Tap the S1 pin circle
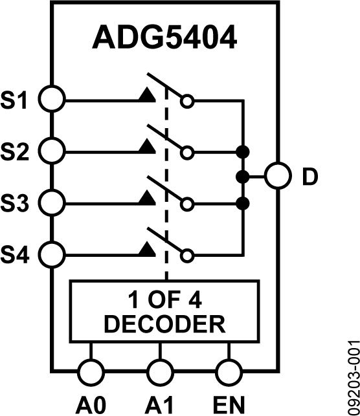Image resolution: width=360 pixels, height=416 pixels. (52, 100)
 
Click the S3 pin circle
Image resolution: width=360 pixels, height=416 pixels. (52, 203)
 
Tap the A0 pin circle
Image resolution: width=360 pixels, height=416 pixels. (91, 372)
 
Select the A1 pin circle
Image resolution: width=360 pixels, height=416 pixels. (161, 372)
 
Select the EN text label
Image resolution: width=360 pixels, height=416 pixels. (230, 404)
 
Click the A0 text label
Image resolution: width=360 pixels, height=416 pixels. (90, 404)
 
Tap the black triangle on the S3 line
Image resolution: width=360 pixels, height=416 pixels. (148, 200)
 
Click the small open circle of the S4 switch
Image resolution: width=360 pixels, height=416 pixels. (187, 256)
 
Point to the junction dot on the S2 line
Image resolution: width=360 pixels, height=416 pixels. (243, 152)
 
